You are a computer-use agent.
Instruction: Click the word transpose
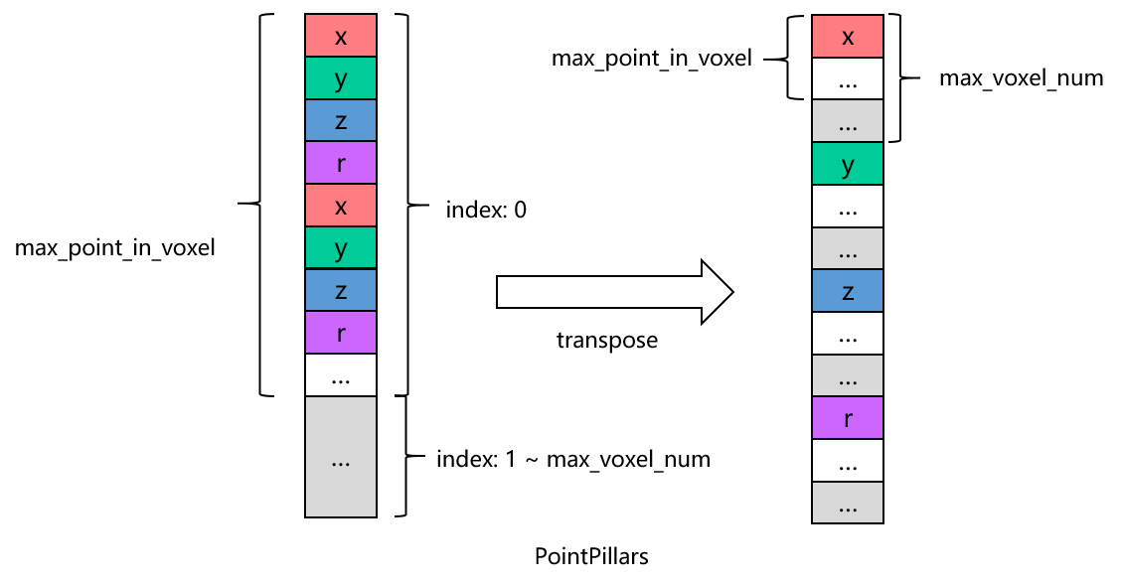pyautogui.click(x=607, y=341)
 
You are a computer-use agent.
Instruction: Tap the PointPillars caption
pyautogui.click(x=591, y=556)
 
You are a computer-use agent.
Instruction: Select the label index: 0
pyautogui.click(x=486, y=210)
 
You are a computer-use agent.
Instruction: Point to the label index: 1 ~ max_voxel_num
pyautogui.click(x=573, y=460)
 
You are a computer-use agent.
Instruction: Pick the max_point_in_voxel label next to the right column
pyautogui.click(x=652, y=58)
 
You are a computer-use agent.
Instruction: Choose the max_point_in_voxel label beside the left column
pyautogui.click(x=115, y=248)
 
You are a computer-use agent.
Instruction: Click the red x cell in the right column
pyautogui.click(x=848, y=37)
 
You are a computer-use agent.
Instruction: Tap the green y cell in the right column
pyautogui.click(x=848, y=165)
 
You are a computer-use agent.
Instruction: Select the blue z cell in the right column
pyautogui.click(x=848, y=291)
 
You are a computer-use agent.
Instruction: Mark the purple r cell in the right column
pyautogui.click(x=848, y=418)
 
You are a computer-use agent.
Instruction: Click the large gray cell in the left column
pyautogui.click(x=341, y=457)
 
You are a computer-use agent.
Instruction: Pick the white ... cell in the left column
pyautogui.click(x=341, y=375)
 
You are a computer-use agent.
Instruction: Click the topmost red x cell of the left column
pyautogui.click(x=341, y=37)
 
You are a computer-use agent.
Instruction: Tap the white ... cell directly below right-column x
pyautogui.click(x=848, y=79)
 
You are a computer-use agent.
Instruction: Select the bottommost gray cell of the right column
pyautogui.click(x=848, y=503)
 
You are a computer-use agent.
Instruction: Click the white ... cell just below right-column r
pyautogui.click(x=848, y=461)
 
